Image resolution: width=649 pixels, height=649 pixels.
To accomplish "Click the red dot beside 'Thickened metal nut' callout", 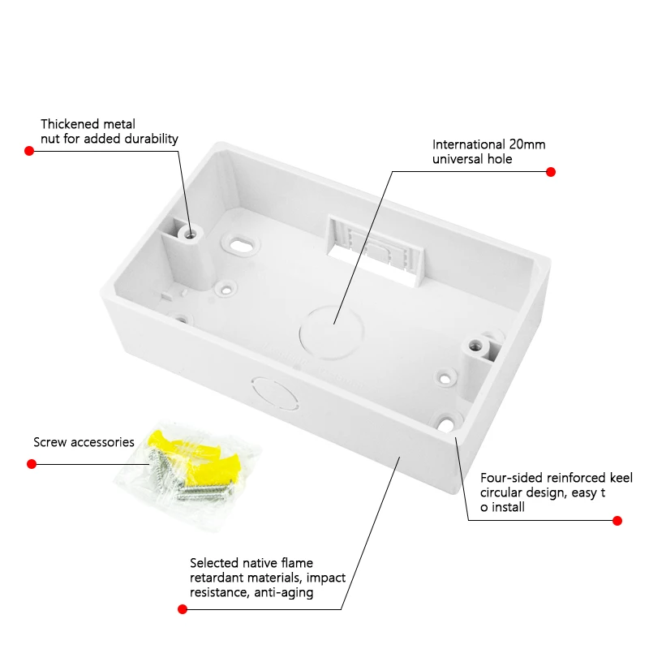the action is click(29, 151).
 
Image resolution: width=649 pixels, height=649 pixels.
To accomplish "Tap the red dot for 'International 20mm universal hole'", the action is click(551, 172).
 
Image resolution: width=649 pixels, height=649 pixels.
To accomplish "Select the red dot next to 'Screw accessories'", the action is click(32, 464).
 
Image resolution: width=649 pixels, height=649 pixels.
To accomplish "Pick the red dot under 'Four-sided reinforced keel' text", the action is click(617, 521).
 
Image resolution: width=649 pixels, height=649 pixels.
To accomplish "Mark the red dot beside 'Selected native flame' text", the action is click(182, 609).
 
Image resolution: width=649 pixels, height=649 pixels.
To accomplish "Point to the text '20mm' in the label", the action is click(527, 144).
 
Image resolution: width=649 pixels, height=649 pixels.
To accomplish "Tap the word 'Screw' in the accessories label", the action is click(50, 442).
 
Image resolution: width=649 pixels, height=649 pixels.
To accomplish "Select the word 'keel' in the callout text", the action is click(621, 478).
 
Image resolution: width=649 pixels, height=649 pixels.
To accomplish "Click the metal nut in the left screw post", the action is click(191, 234).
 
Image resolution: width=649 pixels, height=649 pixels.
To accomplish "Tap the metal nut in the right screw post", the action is click(476, 344).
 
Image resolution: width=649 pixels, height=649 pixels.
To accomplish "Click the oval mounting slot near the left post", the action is click(240, 245).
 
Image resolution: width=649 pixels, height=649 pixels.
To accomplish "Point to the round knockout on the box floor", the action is click(331, 332).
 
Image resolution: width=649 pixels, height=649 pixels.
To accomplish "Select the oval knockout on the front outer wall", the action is click(275, 393).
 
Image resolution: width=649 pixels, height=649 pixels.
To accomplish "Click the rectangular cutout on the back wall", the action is click(375, 251).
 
